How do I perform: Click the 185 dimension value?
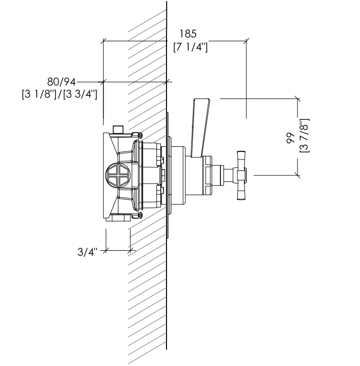click(188, 34)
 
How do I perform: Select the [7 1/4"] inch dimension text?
click(190, 47)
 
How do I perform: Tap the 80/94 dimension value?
click(62, 82)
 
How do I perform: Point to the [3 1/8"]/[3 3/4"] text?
click(60, 94)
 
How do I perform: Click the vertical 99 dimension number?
click(291, 138)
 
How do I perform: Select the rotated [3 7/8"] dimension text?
click(304, 136)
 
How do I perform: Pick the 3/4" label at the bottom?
click(87, 252)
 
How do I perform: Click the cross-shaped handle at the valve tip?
click(241, 175)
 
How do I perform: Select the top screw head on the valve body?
click(141, 135)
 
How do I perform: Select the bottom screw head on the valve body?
click(141, 215)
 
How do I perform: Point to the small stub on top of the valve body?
click(119, 129)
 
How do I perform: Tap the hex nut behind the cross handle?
click(208, 175)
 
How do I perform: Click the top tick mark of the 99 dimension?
click(297, 99)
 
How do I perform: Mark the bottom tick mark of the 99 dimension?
click(297, 175)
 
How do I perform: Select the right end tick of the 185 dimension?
click(246, 41)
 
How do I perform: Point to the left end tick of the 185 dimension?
click(103, 41)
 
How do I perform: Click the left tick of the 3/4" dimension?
click(106, 250)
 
